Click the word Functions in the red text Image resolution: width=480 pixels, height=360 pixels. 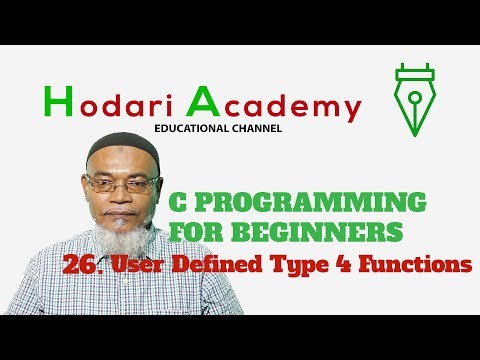pyautogui.click(x=420, y=265)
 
